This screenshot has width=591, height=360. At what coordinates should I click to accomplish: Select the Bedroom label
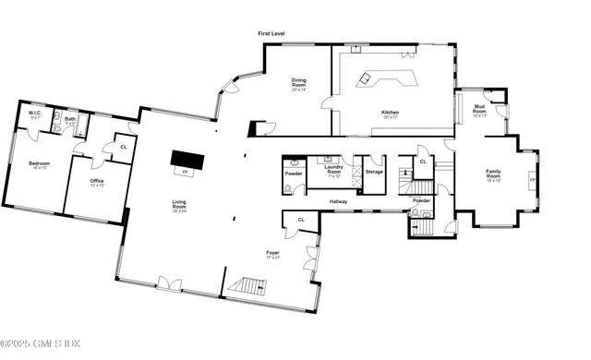tap(38, 164)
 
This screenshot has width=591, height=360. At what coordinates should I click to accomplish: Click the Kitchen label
tap(391, 114)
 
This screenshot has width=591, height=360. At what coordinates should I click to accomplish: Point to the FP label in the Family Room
tap(532, 180)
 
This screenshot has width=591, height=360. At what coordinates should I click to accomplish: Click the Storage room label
tap(373, 172)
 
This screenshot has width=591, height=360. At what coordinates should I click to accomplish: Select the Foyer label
tap(273, 253)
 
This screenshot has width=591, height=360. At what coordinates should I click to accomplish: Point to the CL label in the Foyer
tap(300, 219)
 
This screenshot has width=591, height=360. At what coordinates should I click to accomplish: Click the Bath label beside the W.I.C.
tap(70, 118)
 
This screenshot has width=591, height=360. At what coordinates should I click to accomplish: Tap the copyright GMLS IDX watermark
tap(41, 345)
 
